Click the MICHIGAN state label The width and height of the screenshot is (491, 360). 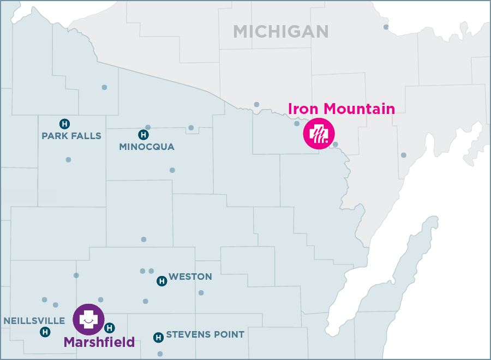(x=281, y=31)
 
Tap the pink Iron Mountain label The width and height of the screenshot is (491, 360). (x=341, y=109)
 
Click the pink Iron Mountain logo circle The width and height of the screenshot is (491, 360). (x=319, y=133)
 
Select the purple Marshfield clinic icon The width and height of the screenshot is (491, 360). (x=88, y=319)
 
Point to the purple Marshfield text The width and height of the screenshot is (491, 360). (x=99, y=343)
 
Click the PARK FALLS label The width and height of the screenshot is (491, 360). (x=71, y=136)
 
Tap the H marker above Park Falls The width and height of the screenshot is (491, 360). (x=64, y=123)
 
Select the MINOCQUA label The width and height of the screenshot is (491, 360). (x=147, y=147)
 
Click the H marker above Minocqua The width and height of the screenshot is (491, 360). (x=143, y=134)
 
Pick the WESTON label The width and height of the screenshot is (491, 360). (x=190, y=277)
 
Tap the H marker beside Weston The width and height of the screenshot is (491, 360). (x=161, y=281)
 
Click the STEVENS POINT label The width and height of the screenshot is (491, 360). (x=205, y=334)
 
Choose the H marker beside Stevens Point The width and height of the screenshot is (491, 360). (x=158, y=337)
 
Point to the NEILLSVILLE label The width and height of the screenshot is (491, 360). (x=34, y=321)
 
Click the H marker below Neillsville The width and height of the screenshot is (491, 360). (x=45, y=332)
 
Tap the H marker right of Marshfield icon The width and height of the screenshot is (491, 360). (x=109, y=328)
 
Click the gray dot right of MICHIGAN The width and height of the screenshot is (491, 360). (x=386, y=27)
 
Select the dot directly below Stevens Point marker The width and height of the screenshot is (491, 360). (x=160, y=353)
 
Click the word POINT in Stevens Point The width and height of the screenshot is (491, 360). (x=230, y=334)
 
